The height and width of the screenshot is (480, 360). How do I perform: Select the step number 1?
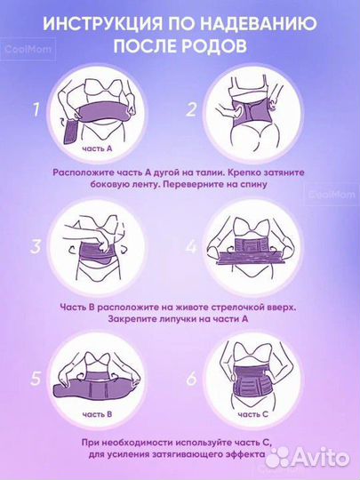tap(36, 111)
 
